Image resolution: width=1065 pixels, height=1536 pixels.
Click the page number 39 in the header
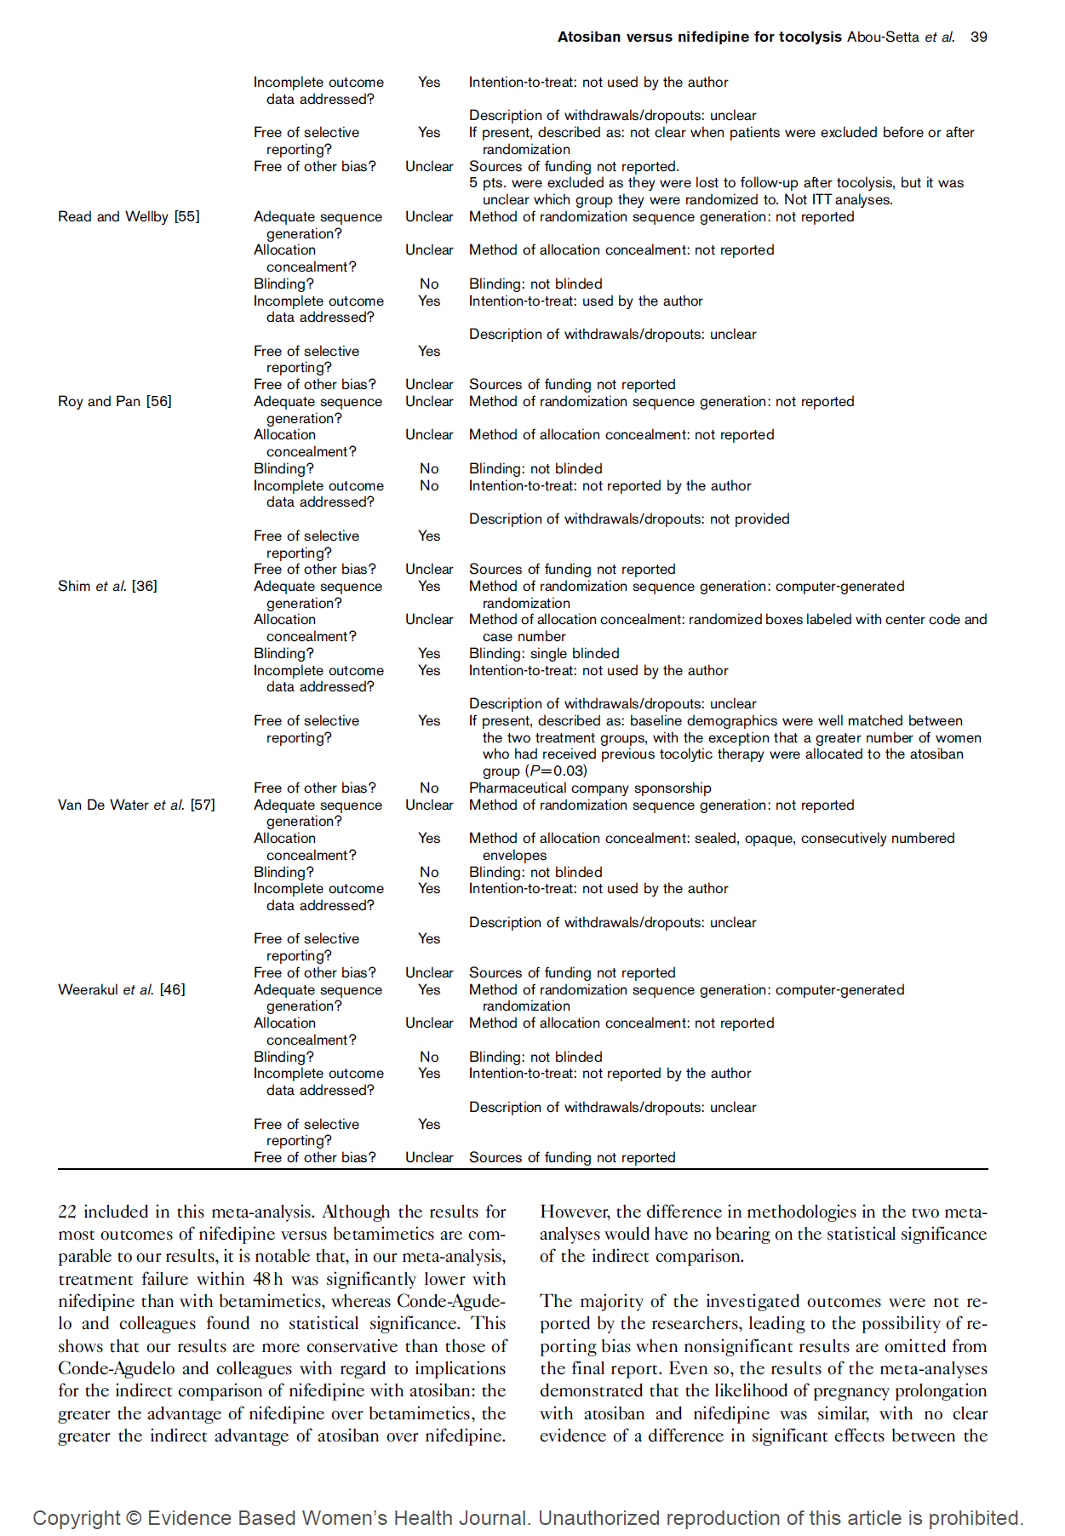[978, 37]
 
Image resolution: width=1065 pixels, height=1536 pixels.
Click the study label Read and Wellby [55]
[129, 216]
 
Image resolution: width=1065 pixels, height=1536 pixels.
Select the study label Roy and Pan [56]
[115, 401]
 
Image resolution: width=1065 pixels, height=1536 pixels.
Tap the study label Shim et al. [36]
[107, 586]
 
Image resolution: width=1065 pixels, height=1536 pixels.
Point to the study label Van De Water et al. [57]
[136, 805]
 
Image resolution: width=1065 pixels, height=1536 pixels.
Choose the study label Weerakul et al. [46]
[121, 989]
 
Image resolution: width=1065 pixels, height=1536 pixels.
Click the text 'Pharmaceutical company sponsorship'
[590, 788]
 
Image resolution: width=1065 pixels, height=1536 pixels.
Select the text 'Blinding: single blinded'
[544, 653]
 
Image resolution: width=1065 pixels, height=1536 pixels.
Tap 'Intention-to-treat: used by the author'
[586, 301]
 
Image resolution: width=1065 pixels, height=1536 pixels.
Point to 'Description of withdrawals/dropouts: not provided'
[629, 519]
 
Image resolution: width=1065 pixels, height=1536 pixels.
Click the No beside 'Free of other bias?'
[429, 788]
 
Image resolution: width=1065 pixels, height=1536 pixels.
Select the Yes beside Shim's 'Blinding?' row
[429, 653]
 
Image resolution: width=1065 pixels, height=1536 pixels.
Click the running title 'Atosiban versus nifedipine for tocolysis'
[699, 37]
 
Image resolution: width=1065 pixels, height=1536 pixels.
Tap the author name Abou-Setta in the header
[883, 37]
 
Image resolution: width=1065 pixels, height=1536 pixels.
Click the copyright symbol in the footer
[133, 1517]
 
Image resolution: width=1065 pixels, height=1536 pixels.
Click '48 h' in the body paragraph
[267, 1279]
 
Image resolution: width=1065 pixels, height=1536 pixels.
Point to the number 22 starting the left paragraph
[67, 1212]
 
